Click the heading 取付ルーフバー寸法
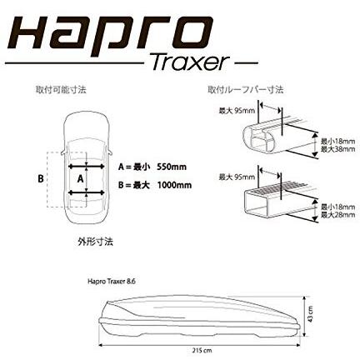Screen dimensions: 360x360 [247, 89]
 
